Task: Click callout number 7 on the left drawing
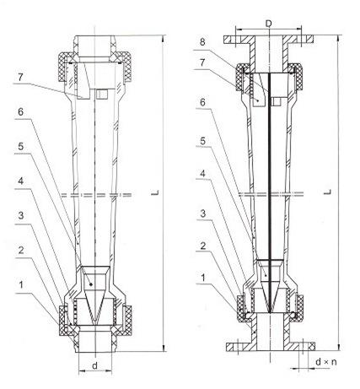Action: tap(19, 78)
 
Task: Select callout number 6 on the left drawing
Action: tap(20, 112)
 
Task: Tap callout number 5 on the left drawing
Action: tap(21, 147)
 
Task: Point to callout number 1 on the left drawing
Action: tap(20, 285)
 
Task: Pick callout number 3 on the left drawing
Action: tap(21, 216)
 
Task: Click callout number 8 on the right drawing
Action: tap(202, 42)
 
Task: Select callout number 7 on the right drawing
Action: tap(202, 62)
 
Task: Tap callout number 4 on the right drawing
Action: tap(202, 174)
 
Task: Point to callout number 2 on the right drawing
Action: tap(203, 246)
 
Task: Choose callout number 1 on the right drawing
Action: tap(203, 278)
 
